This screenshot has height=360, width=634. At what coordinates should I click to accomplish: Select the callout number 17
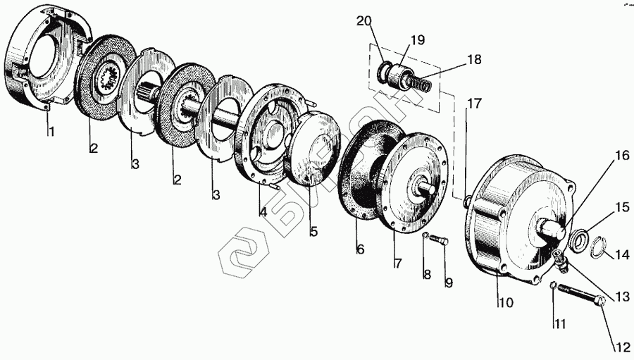click(475, 103)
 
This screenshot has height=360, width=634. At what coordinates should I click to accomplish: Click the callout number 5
click(313, 230)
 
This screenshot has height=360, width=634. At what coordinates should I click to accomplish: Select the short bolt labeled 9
click(439, 240)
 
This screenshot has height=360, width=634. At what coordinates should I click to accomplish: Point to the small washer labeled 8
click(426, 235)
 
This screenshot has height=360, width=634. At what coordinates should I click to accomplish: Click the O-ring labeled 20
click(386, 71)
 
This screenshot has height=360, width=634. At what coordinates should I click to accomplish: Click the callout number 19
click(417, 39)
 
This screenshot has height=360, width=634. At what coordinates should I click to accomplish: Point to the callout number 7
click(397, 264)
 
